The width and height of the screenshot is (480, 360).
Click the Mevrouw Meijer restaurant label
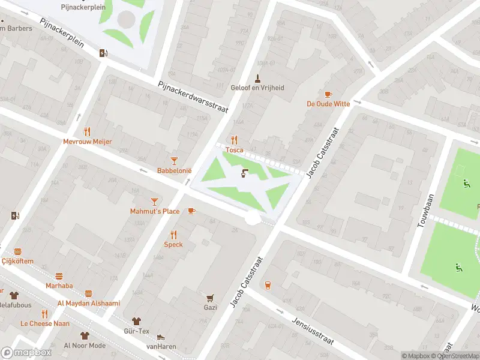88,142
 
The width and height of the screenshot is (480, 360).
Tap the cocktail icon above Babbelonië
174,160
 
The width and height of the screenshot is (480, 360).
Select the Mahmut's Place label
155,211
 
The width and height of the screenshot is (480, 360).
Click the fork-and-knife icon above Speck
173,235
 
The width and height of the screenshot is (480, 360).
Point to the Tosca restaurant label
234,150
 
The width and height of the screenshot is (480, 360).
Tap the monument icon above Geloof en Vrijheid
257,77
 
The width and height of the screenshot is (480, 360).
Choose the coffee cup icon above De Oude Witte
328,94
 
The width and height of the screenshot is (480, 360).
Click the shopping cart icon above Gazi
210,298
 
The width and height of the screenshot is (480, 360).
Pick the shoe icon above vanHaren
160,337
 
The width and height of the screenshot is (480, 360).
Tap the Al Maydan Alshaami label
88,303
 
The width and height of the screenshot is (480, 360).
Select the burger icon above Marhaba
59,276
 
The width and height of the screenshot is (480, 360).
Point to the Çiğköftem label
17,261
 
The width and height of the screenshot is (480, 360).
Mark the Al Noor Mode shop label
85,346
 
